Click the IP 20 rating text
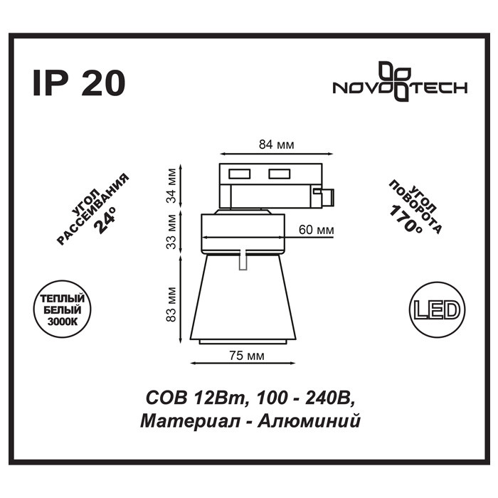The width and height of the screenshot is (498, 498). (x=79, y=83)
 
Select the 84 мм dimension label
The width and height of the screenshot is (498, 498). (x=276, y=144)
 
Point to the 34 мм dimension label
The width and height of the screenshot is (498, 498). (x=171, y=186)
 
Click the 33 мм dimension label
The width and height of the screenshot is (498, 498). (x=171, y=231)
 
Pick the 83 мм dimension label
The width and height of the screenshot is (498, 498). (x=171, y=304)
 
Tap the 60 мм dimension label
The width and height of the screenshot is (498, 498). (x=317, y=229)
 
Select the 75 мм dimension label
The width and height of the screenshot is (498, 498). (x=246, y=356)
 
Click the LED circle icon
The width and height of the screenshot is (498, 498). (x=438, y=310)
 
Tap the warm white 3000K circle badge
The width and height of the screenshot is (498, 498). (x=62, y=309)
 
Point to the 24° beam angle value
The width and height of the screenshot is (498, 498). (x=105, y=219)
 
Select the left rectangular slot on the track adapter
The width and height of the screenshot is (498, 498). (x=239, y=174)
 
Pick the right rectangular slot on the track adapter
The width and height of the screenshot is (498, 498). (x=279, y=174)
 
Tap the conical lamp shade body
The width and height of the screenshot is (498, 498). (x=243, y=297)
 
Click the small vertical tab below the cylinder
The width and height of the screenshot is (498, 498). (x=243, y=260)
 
